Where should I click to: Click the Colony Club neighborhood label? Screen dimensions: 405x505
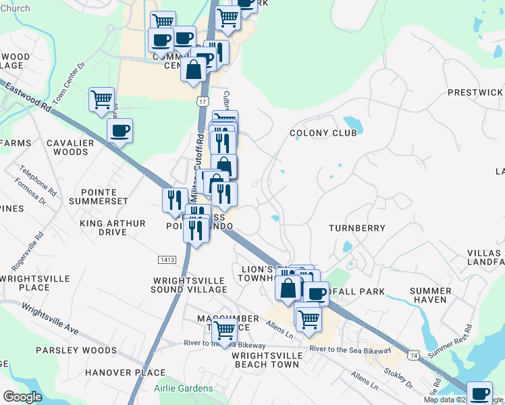[x=323, y=134]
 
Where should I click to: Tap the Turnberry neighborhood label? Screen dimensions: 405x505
[x=356, y=229]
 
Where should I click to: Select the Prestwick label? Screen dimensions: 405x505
[x=475, y=92]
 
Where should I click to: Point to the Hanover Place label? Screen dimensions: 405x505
[x=130, y=373]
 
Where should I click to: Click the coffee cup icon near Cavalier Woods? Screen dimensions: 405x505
[x=119, y=130]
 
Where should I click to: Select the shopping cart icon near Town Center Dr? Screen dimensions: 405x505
[x=101, y=99]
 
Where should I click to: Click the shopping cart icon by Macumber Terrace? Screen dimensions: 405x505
[x=224, y=330]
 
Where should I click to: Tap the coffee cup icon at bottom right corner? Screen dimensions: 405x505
[x=480, y=392]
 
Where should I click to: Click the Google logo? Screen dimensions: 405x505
[x=22, y=397]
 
